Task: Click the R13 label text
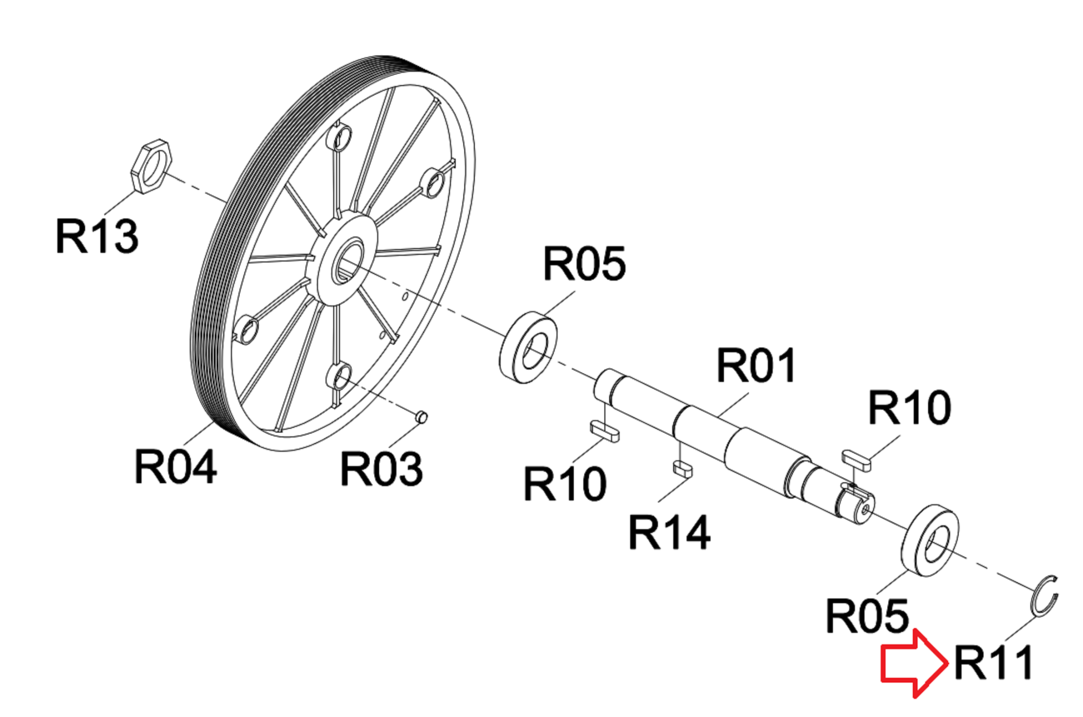coord(97,236)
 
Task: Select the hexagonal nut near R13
coord(151,167)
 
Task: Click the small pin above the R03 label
coord(421,417)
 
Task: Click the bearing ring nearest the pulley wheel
coord(528,347)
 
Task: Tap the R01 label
coord(756,365)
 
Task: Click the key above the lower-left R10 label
coord(604,430)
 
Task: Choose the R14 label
coord(669,532)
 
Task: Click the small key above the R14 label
coord(682,469)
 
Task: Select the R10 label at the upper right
coord(910,407)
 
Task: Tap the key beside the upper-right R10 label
coord(857,459)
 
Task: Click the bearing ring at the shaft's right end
coord(930,540)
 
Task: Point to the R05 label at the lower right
coord(867,615)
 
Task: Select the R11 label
coord(993,663)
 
